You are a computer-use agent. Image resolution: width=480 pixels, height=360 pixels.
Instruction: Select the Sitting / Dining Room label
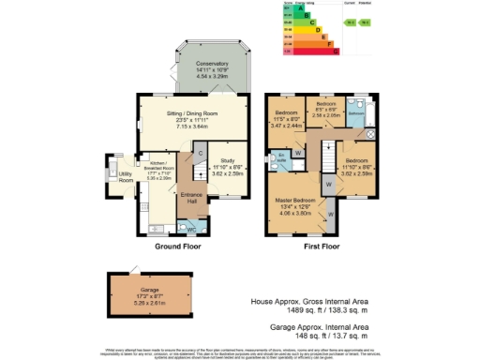[192, 117]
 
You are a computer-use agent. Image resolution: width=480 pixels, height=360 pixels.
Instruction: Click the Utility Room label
[125, 177]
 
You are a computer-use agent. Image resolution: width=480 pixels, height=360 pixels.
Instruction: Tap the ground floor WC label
[191, 228]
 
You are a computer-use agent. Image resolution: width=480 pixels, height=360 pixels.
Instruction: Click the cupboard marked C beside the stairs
[200, 153]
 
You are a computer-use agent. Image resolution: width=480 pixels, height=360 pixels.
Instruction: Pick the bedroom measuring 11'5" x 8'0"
[288, 118]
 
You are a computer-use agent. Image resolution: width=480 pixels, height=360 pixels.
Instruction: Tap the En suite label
[280, 157]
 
